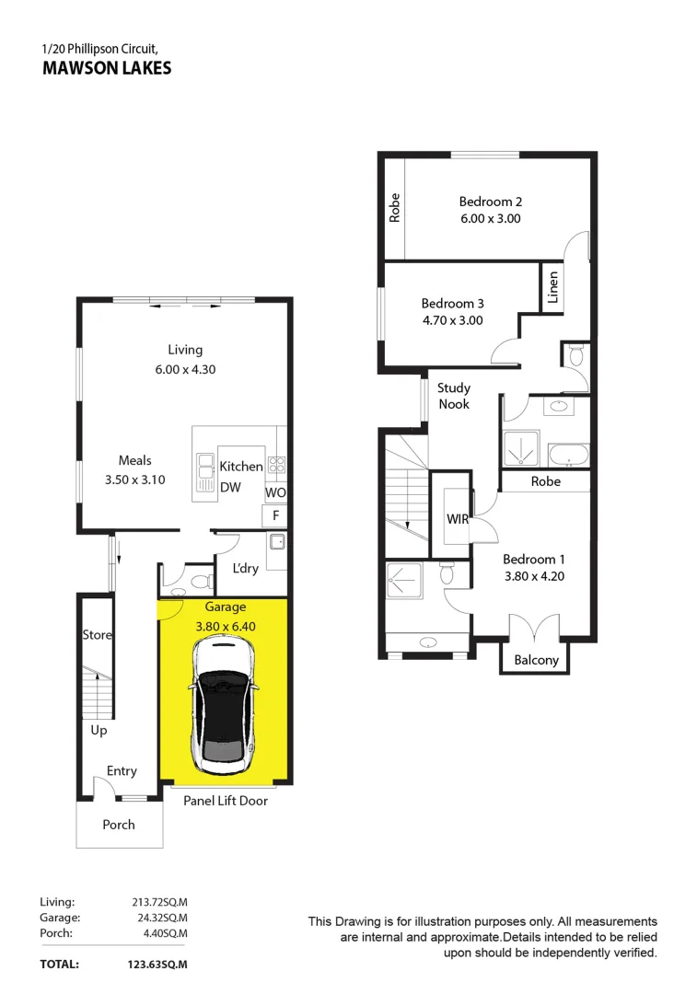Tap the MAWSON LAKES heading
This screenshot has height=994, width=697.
coord(107,68)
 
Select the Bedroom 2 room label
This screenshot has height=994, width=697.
coord(491,202)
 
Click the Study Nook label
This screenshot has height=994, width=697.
coord(453,396)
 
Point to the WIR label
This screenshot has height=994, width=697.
coord(458,520)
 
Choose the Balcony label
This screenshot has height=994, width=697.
coord(536,660)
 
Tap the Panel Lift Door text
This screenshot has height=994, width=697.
coord(226,801)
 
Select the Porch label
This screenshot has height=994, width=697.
coord(119,825)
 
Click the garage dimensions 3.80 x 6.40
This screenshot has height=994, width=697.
coord(226,626)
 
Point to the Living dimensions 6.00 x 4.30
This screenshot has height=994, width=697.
coord(185,369)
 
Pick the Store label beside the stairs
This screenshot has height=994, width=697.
coord(97,635)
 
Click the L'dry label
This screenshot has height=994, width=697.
coord(246,569)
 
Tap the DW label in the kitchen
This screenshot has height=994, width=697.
coord(230,487)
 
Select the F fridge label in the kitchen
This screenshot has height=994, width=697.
coord(275,516)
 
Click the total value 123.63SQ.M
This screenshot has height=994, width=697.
coord(158,965)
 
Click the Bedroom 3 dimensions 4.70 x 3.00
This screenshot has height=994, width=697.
coord(452,320)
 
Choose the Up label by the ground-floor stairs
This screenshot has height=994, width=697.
coord(99,730)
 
